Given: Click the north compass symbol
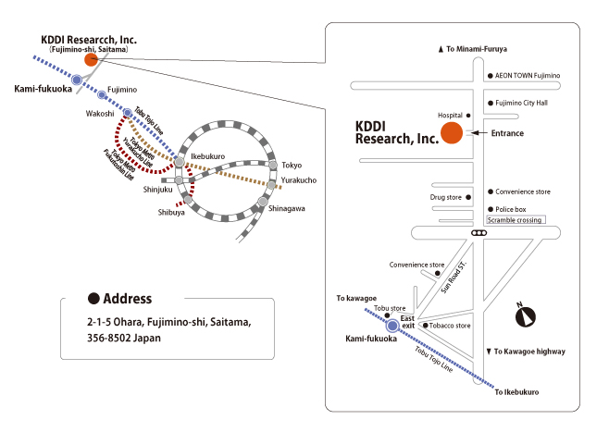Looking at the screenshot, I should (528, 317).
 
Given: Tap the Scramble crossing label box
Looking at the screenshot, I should (515, 219).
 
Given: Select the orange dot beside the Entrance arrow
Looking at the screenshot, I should (451, 133).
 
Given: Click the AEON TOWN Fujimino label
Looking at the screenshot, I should (528, 76).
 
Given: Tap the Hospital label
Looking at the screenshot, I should (450, 116).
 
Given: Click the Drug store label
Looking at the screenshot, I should (445, 197).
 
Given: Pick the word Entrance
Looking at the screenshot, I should (507, 133).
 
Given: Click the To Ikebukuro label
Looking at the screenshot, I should (516, 392).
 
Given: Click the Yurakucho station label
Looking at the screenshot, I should (299, 179).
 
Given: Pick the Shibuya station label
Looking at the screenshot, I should (170, 212).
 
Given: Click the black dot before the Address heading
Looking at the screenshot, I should (93, 299).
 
